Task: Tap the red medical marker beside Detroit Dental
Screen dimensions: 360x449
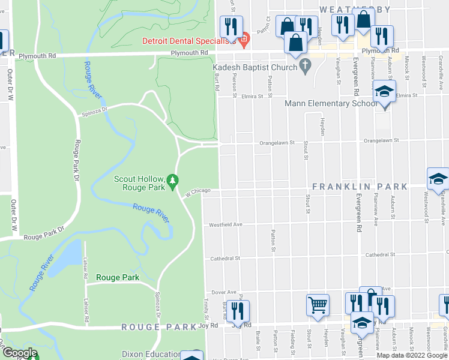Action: (243, 41)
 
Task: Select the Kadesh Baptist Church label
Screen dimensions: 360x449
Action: (255, 68)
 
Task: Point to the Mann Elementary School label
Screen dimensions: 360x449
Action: (326, 104)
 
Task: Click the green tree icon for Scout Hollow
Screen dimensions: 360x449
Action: (173, 179)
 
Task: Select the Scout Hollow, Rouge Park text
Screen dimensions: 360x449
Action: (139, 183)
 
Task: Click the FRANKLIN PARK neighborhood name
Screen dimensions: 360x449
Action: (360, 187)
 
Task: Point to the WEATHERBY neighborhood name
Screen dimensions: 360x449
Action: (355, 9)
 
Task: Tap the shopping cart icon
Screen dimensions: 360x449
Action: (318, 304)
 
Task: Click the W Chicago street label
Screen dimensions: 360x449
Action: (197, 191)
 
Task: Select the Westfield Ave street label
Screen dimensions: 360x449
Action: (225, 225)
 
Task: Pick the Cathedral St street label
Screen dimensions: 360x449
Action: (225, 259)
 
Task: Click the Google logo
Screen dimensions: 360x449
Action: (20, 353)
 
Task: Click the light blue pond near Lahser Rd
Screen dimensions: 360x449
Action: (70, 255)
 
